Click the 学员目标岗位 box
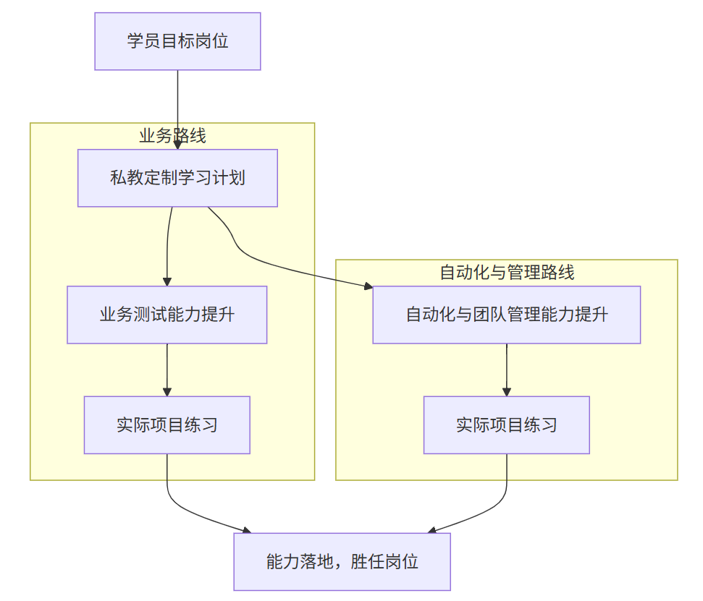coord(177,41)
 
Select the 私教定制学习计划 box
coord(177,178)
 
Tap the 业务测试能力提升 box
coord(167,315)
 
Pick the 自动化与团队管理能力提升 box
coord(506,315)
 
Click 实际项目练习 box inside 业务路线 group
coord(167,425)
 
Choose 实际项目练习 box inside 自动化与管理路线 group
coord(506,425)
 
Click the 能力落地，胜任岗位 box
coord(342,562)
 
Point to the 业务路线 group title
coord(172,135)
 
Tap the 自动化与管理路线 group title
coord(506,272)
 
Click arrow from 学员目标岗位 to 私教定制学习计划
coord(177,108)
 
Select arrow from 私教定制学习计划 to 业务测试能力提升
coord(167,246)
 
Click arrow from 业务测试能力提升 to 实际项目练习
coord(167,369)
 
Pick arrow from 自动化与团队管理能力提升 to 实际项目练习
coord(506,369)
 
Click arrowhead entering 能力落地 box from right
coord(432,530)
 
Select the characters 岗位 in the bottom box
coord(401,562)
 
